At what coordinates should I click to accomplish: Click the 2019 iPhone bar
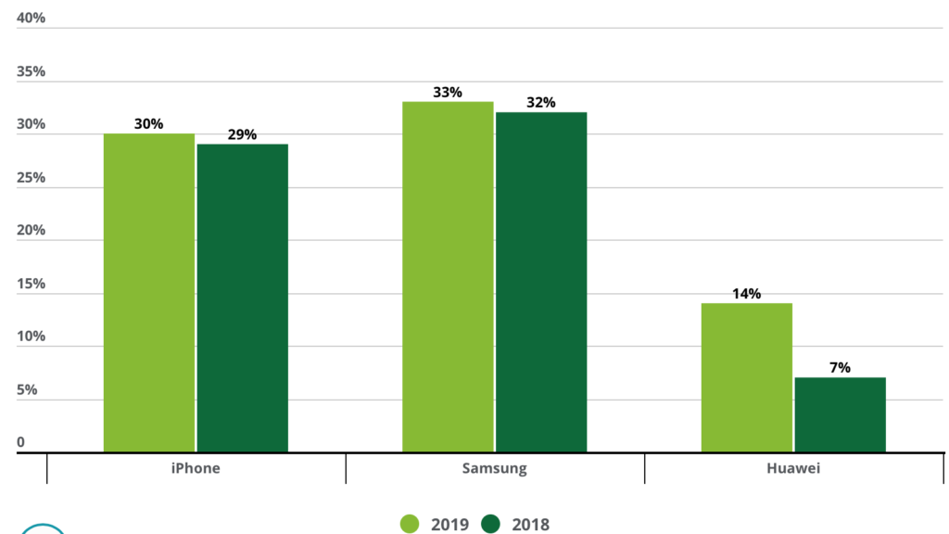point(148,293)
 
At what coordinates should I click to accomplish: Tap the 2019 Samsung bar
point(448,277)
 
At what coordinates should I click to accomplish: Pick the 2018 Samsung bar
point(541,283)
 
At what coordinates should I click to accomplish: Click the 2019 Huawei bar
point(746,378)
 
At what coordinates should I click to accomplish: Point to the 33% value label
point(448,93)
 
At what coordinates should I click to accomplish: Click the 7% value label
point(840,368)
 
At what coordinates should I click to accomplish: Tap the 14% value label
point(746,294)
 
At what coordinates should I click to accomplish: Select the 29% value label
point(242,135)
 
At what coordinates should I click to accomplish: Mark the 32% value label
point(541,103)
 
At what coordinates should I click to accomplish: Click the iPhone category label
point(196,468)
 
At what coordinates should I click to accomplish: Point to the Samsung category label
point(494,468)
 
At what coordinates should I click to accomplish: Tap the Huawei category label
point(793,468)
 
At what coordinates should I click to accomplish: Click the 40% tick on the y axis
point(31,19)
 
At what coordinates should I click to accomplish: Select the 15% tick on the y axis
point(31,284)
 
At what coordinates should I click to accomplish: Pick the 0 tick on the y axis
point(20,443)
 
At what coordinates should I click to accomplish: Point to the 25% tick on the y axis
point(31,178)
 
